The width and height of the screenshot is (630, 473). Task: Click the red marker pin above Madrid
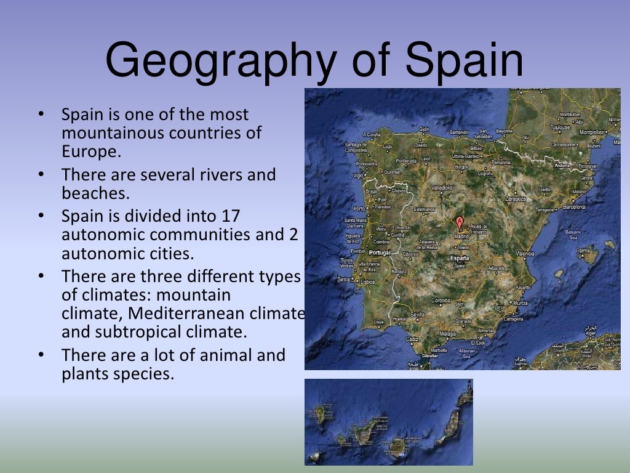(459, 221)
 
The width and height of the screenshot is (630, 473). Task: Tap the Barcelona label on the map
(573, 207)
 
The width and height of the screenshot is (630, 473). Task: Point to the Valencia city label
(525, 254)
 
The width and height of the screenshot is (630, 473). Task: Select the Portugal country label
(379, 253)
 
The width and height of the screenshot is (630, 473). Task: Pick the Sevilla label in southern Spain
(418, 313)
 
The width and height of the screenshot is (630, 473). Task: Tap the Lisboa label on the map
(369, 281)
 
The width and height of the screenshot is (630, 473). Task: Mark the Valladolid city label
(442, 187)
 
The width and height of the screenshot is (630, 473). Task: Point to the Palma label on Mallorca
(582, 251)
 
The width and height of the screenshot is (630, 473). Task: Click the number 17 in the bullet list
(229, 216)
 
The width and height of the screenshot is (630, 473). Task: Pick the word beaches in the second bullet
(95, 193)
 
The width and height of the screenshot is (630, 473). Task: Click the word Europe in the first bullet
(91, 151)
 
